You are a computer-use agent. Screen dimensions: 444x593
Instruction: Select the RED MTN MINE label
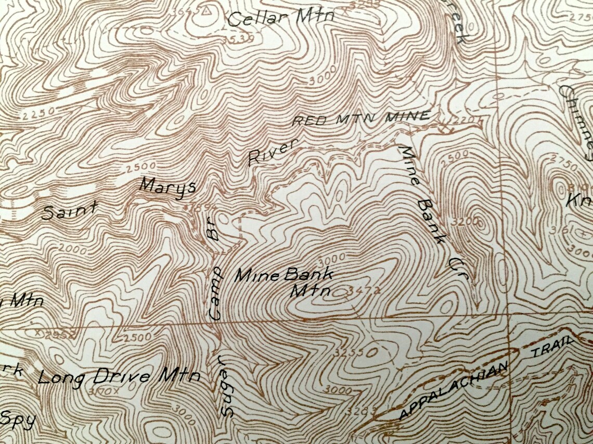[x=362, y=118]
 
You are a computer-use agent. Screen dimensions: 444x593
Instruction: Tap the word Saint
[x=69, y=211]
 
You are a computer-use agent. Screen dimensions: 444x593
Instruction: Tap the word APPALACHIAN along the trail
[x=453, y=391]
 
